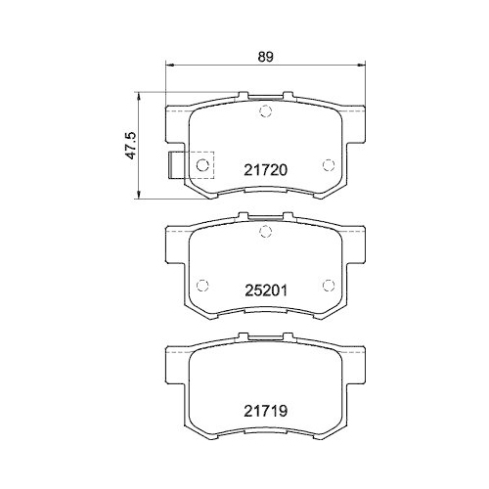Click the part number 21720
[264, 168]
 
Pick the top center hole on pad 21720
[264, 111]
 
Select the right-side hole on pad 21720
[328, 164]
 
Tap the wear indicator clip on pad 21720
[177, 166]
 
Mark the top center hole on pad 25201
[264, 231]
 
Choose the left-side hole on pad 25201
[202, 286]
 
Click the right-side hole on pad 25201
[328, 286]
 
